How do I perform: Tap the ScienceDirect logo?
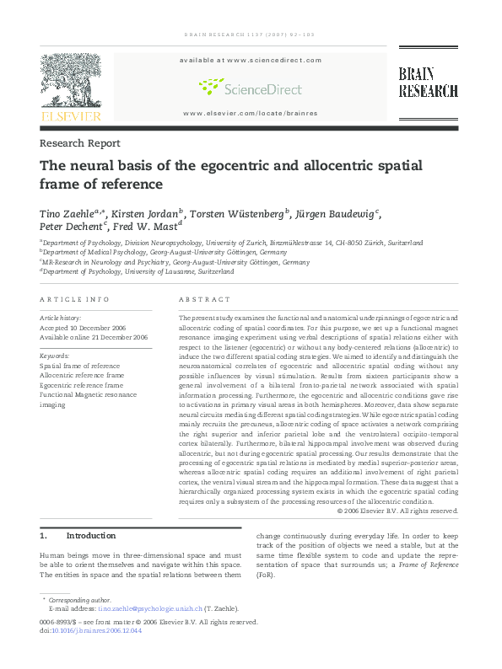251,88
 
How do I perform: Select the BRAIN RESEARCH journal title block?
428,83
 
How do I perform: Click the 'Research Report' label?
80,143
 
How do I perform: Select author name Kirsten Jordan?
144,214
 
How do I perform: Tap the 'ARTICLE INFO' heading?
75,299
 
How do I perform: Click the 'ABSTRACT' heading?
204,299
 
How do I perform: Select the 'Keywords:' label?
55,356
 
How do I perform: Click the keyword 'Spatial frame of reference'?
80,367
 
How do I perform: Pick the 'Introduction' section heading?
90,536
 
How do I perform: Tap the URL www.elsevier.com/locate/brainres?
251,113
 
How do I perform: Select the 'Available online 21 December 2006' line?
94,337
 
